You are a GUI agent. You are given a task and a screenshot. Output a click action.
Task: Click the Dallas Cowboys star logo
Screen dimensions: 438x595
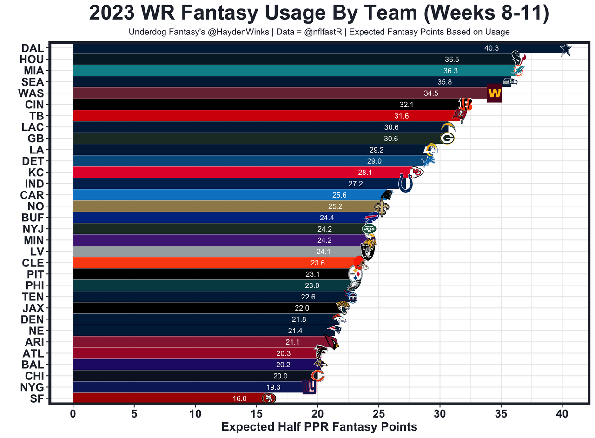565,49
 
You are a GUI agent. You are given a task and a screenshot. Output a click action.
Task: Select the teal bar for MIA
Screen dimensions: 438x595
279,71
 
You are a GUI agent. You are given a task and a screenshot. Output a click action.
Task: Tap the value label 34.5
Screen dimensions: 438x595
431,93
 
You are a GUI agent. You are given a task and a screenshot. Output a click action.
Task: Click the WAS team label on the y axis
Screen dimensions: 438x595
31,93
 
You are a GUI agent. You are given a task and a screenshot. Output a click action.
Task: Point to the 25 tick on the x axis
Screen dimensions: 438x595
378,413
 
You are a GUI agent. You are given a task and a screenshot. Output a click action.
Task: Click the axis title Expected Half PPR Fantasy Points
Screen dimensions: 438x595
319,427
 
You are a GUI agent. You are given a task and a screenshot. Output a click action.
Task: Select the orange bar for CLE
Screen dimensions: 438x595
209,263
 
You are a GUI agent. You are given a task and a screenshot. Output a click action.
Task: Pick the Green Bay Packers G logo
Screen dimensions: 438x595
447,138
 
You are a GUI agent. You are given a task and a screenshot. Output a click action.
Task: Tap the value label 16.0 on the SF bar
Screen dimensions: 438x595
239,398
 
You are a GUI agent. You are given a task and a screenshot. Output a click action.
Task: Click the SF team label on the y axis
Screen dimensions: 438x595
37,398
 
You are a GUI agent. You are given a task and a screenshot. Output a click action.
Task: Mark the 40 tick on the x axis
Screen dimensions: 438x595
562,413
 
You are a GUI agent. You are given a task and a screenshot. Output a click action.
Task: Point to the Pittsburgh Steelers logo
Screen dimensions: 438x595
355,274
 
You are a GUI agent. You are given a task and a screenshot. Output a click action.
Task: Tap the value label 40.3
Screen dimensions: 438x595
491,48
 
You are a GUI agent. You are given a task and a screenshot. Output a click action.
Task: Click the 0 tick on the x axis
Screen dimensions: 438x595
73,413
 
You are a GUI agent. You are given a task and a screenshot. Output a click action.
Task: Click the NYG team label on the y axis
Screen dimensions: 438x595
32,387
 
